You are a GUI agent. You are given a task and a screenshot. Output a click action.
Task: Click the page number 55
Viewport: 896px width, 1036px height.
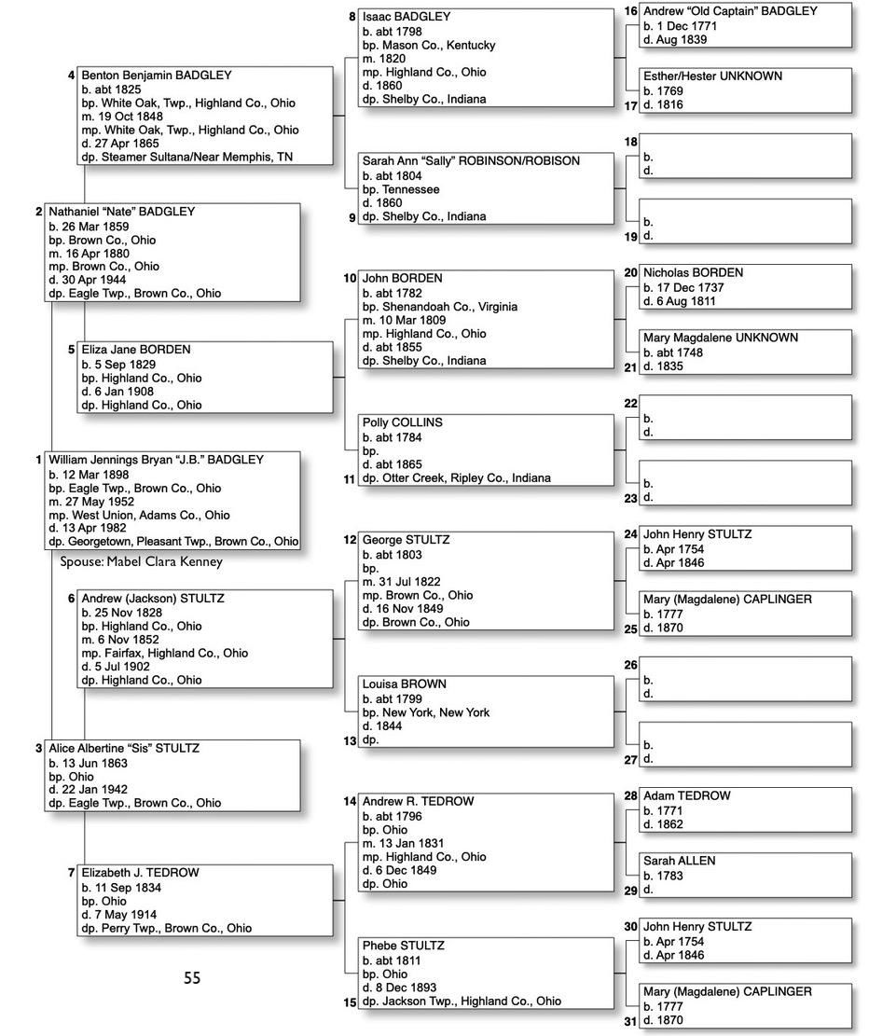click(x=191, y=978)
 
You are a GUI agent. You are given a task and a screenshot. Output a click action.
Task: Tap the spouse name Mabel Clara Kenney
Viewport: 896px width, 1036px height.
click(x=141, y=562)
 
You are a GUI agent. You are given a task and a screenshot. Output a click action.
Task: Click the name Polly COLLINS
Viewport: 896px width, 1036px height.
click(x=402, y=422)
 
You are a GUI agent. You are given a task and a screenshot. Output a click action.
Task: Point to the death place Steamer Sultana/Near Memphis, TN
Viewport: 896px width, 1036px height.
click(x=186, y=157)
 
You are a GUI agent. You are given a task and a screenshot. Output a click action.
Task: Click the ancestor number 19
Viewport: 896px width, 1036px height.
click(x=630, y=237)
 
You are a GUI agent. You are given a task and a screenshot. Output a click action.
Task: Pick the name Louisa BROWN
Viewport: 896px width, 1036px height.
click(x=404, y=684)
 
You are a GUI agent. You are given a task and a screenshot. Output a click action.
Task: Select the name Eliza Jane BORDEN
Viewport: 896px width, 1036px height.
click(x=135, y=350)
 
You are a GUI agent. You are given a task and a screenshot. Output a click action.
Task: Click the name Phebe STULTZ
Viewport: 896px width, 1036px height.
click(x=403, y=946)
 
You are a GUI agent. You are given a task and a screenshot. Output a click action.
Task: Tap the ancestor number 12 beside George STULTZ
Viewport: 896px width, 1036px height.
click(x=350, y=540)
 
